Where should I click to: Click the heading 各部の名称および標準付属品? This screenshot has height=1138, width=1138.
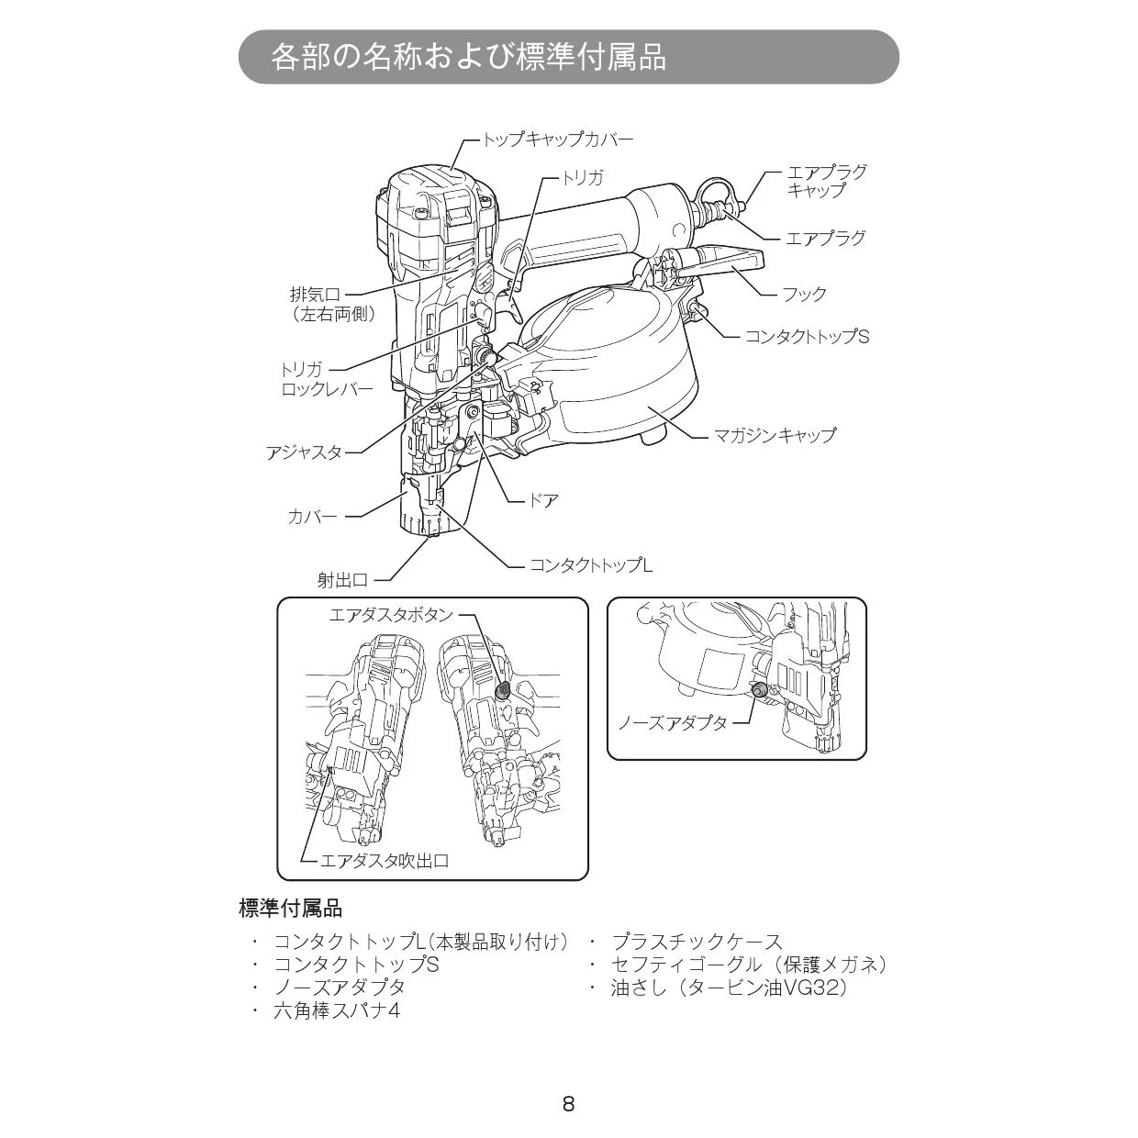coord(468,57)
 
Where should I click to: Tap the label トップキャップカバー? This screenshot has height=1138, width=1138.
coord(558,139)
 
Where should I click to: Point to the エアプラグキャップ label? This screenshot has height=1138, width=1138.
coord(826,181)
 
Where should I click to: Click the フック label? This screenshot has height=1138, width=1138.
coord(804,295)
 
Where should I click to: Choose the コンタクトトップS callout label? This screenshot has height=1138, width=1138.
coord(806,337)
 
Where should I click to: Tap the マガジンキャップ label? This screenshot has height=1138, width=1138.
coord(775,435)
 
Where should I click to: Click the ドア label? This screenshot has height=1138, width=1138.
coord(544,501)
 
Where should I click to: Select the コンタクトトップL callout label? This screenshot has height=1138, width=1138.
coord(590,565)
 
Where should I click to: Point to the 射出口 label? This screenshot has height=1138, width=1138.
coord(342,580)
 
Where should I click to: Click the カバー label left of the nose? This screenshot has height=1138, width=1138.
coord(312,517)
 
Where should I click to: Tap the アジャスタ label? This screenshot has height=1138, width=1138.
coord(304,452)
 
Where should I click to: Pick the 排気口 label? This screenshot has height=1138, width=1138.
coord(315,296)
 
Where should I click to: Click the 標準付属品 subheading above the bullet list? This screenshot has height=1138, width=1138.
coord(290,909)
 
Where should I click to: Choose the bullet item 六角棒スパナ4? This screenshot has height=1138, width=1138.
coord(337,1010)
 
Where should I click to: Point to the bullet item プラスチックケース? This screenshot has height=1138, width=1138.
coord(697,942)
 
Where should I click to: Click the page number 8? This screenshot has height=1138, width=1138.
coord(568,1104)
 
